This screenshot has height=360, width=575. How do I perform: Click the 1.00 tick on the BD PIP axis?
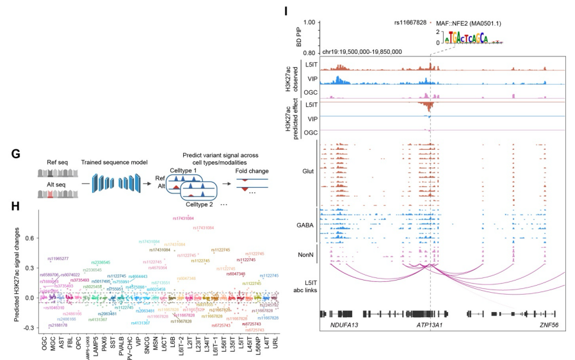(x=311, y=22)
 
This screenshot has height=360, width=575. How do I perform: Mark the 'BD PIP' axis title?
(x=298, y=37)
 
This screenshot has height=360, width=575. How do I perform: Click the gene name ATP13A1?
(x=432, y=326)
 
